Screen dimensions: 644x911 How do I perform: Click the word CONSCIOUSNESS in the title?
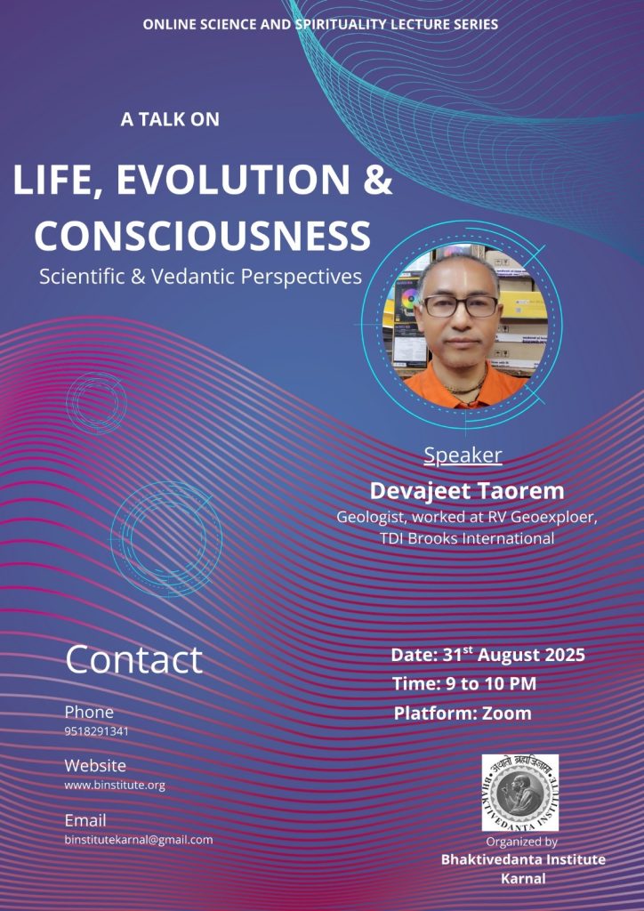(x=203, y=235)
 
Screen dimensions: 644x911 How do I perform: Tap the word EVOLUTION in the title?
(x=233, y=180)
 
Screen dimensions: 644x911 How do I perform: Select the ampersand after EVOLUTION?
(x=378, y=180)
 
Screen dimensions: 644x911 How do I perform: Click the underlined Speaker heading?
(x=463, y=455)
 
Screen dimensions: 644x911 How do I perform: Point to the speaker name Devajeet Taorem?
(x=467, y=491)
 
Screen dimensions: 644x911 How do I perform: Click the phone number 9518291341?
(x=96, y=731)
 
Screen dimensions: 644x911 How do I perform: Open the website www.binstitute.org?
(x=115, y=786)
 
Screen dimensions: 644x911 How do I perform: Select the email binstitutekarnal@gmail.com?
(x=139, y=840)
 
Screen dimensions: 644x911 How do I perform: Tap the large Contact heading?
(x=134, y=660)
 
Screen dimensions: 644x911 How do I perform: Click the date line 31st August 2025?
(x=487, y=655)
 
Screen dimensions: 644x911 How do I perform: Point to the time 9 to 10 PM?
(x=464, y=684)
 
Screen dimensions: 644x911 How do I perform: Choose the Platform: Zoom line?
(x=463, y=713)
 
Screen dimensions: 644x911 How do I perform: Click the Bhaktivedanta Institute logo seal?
(x=520, y=793)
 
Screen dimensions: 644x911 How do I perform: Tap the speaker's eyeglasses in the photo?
(x=461, y=306)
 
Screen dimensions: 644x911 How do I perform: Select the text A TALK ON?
(x=170, y=120)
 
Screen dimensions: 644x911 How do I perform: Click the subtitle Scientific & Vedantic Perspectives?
(x=201, y=276)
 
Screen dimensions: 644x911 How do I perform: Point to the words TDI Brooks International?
(x=468, y=538)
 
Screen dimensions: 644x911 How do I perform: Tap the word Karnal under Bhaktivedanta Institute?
(x=523, y=878)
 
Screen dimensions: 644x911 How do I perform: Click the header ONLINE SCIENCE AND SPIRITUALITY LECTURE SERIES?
(x=320, y=24)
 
